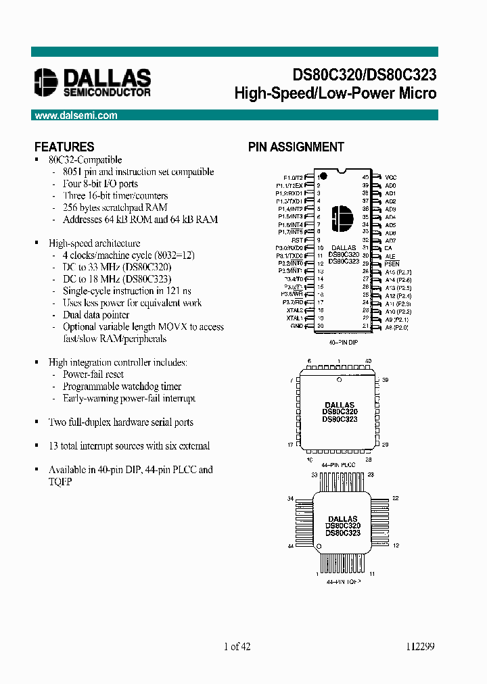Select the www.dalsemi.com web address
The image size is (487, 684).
point(76,116)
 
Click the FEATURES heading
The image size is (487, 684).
point(64,147)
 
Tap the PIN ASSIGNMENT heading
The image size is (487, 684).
point(296,147)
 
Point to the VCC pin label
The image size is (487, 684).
point(391,176)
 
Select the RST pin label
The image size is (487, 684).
point(297,239)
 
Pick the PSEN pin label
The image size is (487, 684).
point(392,264)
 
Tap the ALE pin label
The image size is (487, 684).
point(390,256)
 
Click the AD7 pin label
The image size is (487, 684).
point(390,241)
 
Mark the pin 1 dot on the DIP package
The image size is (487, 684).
point(323,177)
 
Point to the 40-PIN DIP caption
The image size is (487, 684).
point(343,343)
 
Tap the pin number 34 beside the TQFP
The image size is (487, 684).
point(291,499)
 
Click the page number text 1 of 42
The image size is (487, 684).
point(237,646)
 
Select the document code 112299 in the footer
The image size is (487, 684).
point(421,646)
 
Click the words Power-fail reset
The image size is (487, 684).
point(93,374)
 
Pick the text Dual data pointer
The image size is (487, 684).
point(96,315)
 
